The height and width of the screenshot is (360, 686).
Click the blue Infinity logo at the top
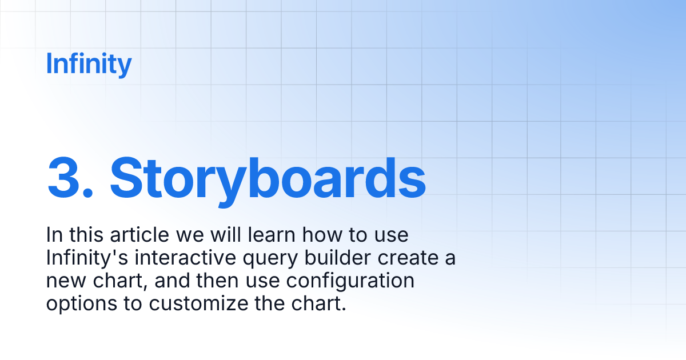[89, 64]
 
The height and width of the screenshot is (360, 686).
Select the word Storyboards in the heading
[268, 176]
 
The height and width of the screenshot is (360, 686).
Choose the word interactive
[181, 258]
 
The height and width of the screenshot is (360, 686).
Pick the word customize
[199, 304]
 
